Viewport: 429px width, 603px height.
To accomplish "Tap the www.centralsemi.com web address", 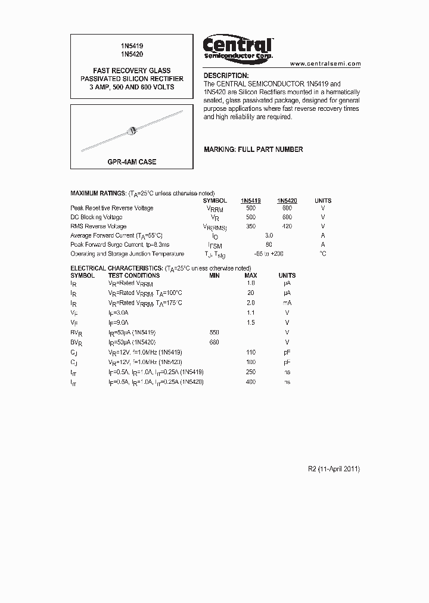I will click(x=325, y=63).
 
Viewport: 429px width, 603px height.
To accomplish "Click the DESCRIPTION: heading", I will click(x=226, y=76).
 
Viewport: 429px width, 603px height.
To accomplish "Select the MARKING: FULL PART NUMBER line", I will click(x=253, y=149).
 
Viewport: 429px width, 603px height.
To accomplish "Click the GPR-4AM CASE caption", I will click(x=132, y=161).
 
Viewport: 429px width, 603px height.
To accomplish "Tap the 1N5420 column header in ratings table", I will click(x=287, y=201).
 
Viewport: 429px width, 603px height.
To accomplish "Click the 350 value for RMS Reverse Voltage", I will click(x=251, y=226).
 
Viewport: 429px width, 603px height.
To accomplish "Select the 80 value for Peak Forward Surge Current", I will click(x=269, y=244).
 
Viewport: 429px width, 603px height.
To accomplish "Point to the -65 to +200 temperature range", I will click(x=269, y=254).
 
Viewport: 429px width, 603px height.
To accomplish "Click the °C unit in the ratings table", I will click(x=323, y=254).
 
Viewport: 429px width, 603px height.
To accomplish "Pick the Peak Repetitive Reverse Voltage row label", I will click(x=112, y=208).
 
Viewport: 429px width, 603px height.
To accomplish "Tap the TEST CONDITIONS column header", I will click(x=133, y=275).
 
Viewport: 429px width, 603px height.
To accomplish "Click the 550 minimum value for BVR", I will click(x=214, y=332).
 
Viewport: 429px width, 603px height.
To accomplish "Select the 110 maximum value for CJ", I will click(x=251, y=352).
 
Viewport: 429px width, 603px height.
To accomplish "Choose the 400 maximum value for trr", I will click(x=251, y=381).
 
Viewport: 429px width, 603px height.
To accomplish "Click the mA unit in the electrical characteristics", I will click(x=287, y=303).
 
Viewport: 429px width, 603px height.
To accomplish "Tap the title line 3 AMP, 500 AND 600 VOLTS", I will click(x=132, y=87).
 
